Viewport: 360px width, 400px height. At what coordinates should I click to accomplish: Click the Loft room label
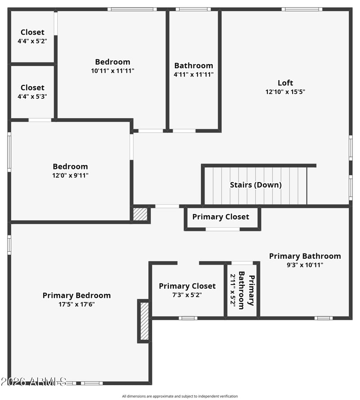(285, 83)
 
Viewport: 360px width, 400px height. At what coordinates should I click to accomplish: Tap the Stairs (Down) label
(256, 185)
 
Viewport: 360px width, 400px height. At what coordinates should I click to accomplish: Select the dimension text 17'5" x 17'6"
(76, 304)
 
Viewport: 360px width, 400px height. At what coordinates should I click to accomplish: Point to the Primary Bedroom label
(76, 295)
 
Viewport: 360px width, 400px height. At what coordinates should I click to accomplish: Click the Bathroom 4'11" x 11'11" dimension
(193, 75)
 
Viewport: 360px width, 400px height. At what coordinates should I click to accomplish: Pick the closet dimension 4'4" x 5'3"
(32, 97)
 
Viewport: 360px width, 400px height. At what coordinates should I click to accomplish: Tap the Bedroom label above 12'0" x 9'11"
(70, 167)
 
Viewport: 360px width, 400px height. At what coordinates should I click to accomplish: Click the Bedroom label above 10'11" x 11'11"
(112, 62)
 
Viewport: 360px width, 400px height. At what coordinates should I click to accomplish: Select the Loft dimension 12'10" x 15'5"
(285, 92)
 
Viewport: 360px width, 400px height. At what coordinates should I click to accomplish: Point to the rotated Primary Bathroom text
(247, 290)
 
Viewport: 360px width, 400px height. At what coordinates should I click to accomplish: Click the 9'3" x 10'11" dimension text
(305, 265)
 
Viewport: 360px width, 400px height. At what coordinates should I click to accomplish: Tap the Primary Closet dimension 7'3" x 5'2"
(187, 295)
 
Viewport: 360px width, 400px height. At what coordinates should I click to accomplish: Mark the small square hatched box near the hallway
(140, 214)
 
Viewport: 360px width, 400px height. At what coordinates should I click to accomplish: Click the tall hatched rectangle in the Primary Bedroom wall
(144, 321)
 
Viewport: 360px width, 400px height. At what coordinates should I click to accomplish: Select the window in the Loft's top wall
(302, 9)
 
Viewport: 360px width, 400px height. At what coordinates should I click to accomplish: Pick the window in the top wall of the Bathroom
(193, 9)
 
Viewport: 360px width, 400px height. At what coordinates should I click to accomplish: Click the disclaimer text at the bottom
(180, 396)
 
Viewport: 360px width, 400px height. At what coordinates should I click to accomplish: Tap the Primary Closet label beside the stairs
(221, 217)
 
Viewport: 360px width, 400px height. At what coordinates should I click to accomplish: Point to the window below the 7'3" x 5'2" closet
(188, 318)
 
